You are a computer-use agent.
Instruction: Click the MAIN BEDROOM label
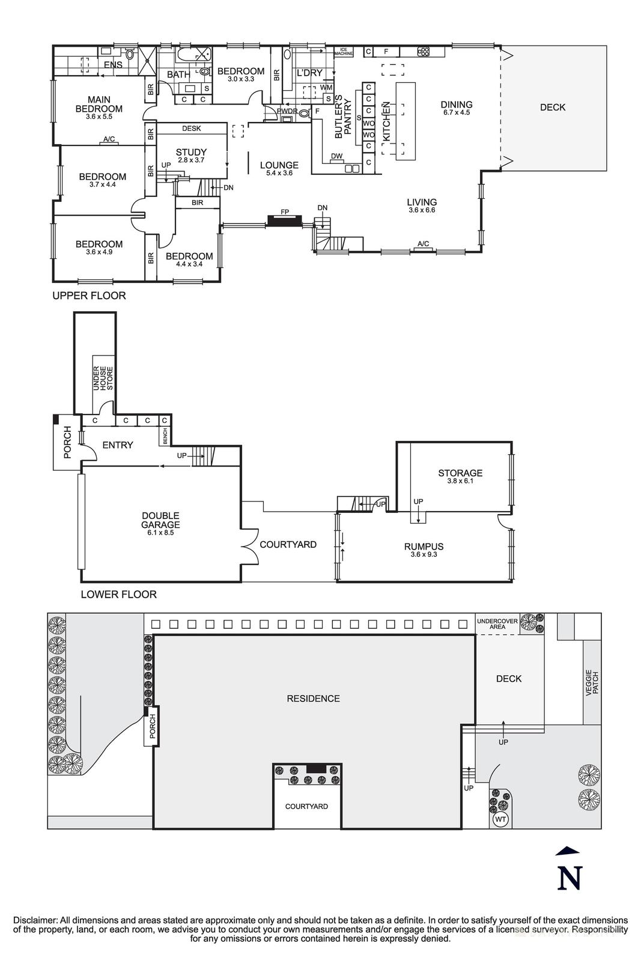pyautogui.click(x=99, y=105)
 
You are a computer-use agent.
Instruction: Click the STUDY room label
pyautogui.click(x=191, y=153)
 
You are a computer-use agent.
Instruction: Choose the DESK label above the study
pyautogui.click(x=191, y=129)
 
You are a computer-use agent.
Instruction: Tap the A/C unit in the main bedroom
pyautogui.click(x=109, y=140)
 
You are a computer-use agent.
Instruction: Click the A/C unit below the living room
pyautogui.click(x=423, y=244)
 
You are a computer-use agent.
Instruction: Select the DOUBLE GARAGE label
pyautogui.click(x=160, y=520)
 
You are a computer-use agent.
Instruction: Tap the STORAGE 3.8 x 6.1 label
pyautogui.click(x=460, y=476)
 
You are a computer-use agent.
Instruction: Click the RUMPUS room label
pyautogui.click(x=424, y=547)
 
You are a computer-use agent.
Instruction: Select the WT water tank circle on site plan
pyautogui.click(x=499, y=819)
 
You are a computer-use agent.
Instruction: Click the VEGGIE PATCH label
pyautogui.click(x=593, y=682)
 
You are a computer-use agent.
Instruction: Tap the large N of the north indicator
pyautogui.click(x=569, y=878)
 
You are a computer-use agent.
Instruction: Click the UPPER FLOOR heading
pyautogui.click(x=89, y=296)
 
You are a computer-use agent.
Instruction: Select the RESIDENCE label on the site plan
pyautogui.click(x=313, y=699)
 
